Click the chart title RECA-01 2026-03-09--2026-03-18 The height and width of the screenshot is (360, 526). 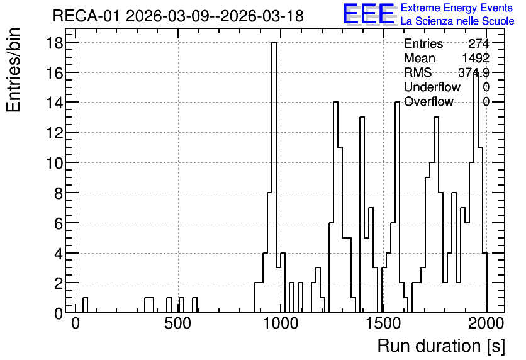pyautogui.click(x=178, y=16)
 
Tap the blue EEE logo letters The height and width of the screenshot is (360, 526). pyautogui.click(x=369, y=14)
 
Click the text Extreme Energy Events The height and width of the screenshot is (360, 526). pyautogui.click(x=457, y=8)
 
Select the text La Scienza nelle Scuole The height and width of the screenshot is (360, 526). pyautogui.click(x=457, y=21)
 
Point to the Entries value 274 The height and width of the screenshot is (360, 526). pyautogui.click(x=479, y=43)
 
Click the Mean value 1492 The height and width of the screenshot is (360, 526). pyautogui.click(x=476, y=58)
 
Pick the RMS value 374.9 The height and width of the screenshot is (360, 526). pyautogui.click(x=474, y=72)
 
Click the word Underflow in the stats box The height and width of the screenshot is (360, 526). pyautogui.click(x=432, y=87)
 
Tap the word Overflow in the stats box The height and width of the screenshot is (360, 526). pyautogui.click(x=428, y=101)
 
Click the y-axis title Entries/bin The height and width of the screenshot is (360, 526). pyautogui.click(x=13, y=70)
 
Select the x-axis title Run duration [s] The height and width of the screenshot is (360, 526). pyautogui.click(x=441, y=346)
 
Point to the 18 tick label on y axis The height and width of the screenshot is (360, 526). pyautogui.click(x=54, y=43)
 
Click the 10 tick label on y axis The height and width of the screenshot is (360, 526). pyautogui.click(x=54, y=163)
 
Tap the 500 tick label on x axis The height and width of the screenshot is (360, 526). pyautogui.click(x=178, y=323)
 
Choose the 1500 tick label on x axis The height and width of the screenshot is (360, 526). pyautogui.click(x=383, y=323)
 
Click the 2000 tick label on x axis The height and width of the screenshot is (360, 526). pyautogui.click(x=486, y=323)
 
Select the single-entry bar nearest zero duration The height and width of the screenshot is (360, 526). pyautogui.click(x=85, y=305)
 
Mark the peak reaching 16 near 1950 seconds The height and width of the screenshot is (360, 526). pyautogui.click(x=476, y=193)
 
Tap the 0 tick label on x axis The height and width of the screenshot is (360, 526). pyautogui.click(x=76, y=323)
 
